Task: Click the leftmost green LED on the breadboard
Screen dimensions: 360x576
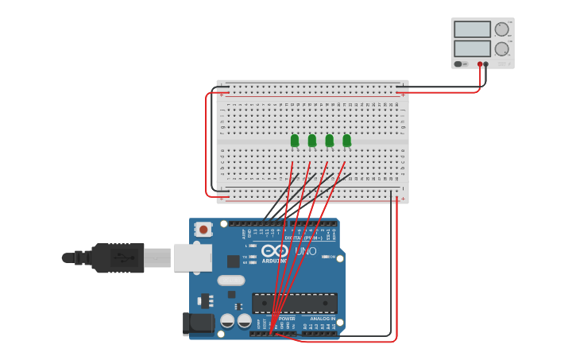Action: click(x=295, y=141)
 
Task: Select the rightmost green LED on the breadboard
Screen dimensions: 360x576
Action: click(x=347, y=141)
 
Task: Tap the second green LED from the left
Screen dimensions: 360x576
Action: click(x=312, y=141)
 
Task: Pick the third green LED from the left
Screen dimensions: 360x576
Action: click(x=330, y=141)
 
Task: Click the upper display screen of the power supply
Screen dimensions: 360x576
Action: click(x=472, y=29)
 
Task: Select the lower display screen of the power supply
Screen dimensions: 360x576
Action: click(x=472, y=48)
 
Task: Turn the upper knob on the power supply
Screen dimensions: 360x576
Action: click(x=501, y=29)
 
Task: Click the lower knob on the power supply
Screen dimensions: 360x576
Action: click(x=501, y=48)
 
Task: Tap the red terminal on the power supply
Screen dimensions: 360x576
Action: click(x=480, y=64)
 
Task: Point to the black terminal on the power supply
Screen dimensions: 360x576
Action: click(x=486, y=64)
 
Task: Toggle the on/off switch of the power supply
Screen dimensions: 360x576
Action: click(x=458, y=64)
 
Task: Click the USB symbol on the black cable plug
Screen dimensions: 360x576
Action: click(x=118, y=257)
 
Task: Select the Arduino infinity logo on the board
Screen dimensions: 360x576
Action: click(x=274, y=251)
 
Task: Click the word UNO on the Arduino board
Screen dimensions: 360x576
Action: click(x=306, y=251)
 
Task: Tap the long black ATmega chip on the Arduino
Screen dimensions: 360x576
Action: click(x=294, y=303)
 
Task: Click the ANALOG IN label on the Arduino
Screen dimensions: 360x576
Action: click(x=322, y=319)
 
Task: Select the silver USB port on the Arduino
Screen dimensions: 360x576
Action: click(x=193, y=257)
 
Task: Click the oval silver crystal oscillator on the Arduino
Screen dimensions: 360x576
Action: click(x=231, y=280)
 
